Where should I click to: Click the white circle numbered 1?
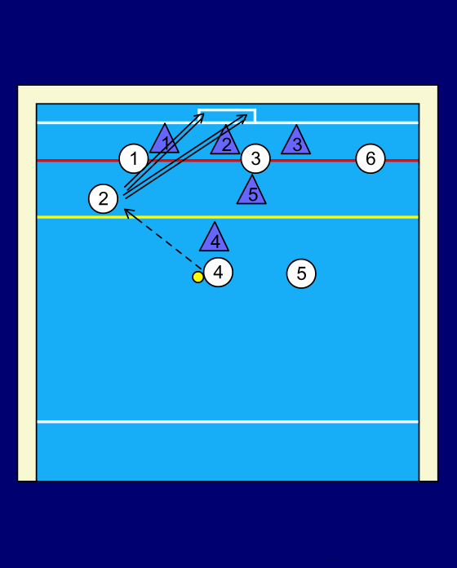click(x=134, y=158)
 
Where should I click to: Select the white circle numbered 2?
click(x=103, y=199)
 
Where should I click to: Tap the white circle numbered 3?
click(x=255, y=158)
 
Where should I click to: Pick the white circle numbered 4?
click(x=218, y=273)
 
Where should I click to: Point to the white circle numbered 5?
click(x=301, y=273)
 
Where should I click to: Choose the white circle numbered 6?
click(x=370, y=158)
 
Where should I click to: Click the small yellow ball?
click(x=197, y=277)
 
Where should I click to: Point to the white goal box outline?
click(x=227, y=109)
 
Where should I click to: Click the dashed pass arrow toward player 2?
click(x=163, y=239)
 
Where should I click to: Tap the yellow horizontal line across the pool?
click(x=228, y=217)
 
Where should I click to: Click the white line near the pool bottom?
click(x=228, y=422)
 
